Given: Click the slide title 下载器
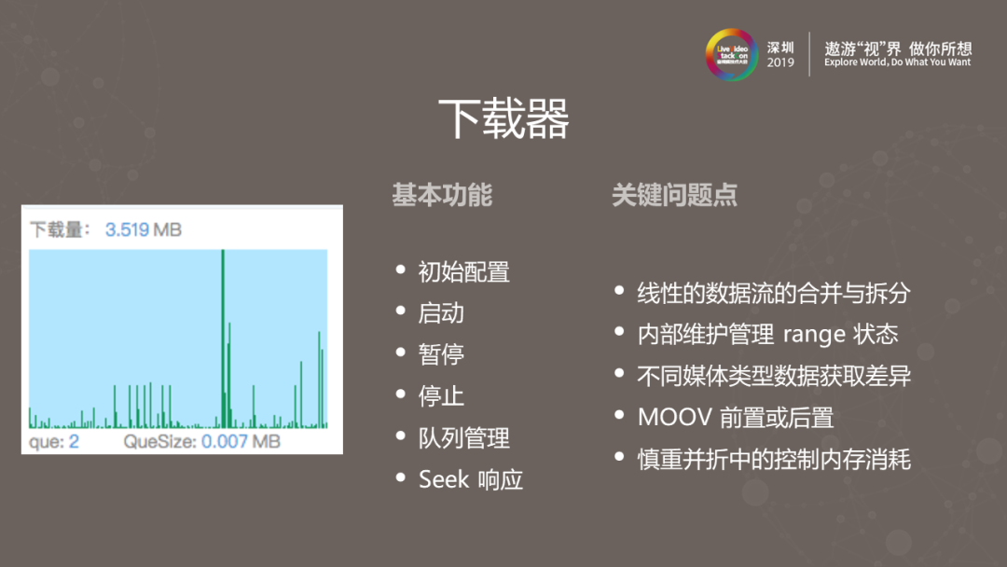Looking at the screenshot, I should point(504,119).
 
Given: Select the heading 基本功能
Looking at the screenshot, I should point(441,195).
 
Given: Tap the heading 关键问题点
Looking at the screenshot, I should point(674,195).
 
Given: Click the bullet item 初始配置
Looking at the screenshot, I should point(463,272).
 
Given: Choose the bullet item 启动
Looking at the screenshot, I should point(441,313).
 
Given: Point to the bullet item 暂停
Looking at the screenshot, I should point(441,355).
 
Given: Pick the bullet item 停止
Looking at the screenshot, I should point(441,396).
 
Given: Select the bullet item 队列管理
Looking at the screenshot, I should point(463,438).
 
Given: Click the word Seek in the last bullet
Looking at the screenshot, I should point(444,479).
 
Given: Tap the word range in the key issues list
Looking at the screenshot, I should point(814,335).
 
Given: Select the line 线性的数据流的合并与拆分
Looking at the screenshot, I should point(773,293).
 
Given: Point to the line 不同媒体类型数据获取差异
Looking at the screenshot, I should point(773,376).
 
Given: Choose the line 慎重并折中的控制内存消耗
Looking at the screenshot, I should point(773,459).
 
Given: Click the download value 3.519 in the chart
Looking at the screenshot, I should point(127,229).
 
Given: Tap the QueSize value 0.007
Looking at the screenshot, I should point(224,441).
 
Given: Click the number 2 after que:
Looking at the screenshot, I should point(74,441).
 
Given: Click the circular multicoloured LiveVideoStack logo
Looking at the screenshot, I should point(732,54).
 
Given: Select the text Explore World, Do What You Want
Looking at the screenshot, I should point(897,62).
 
